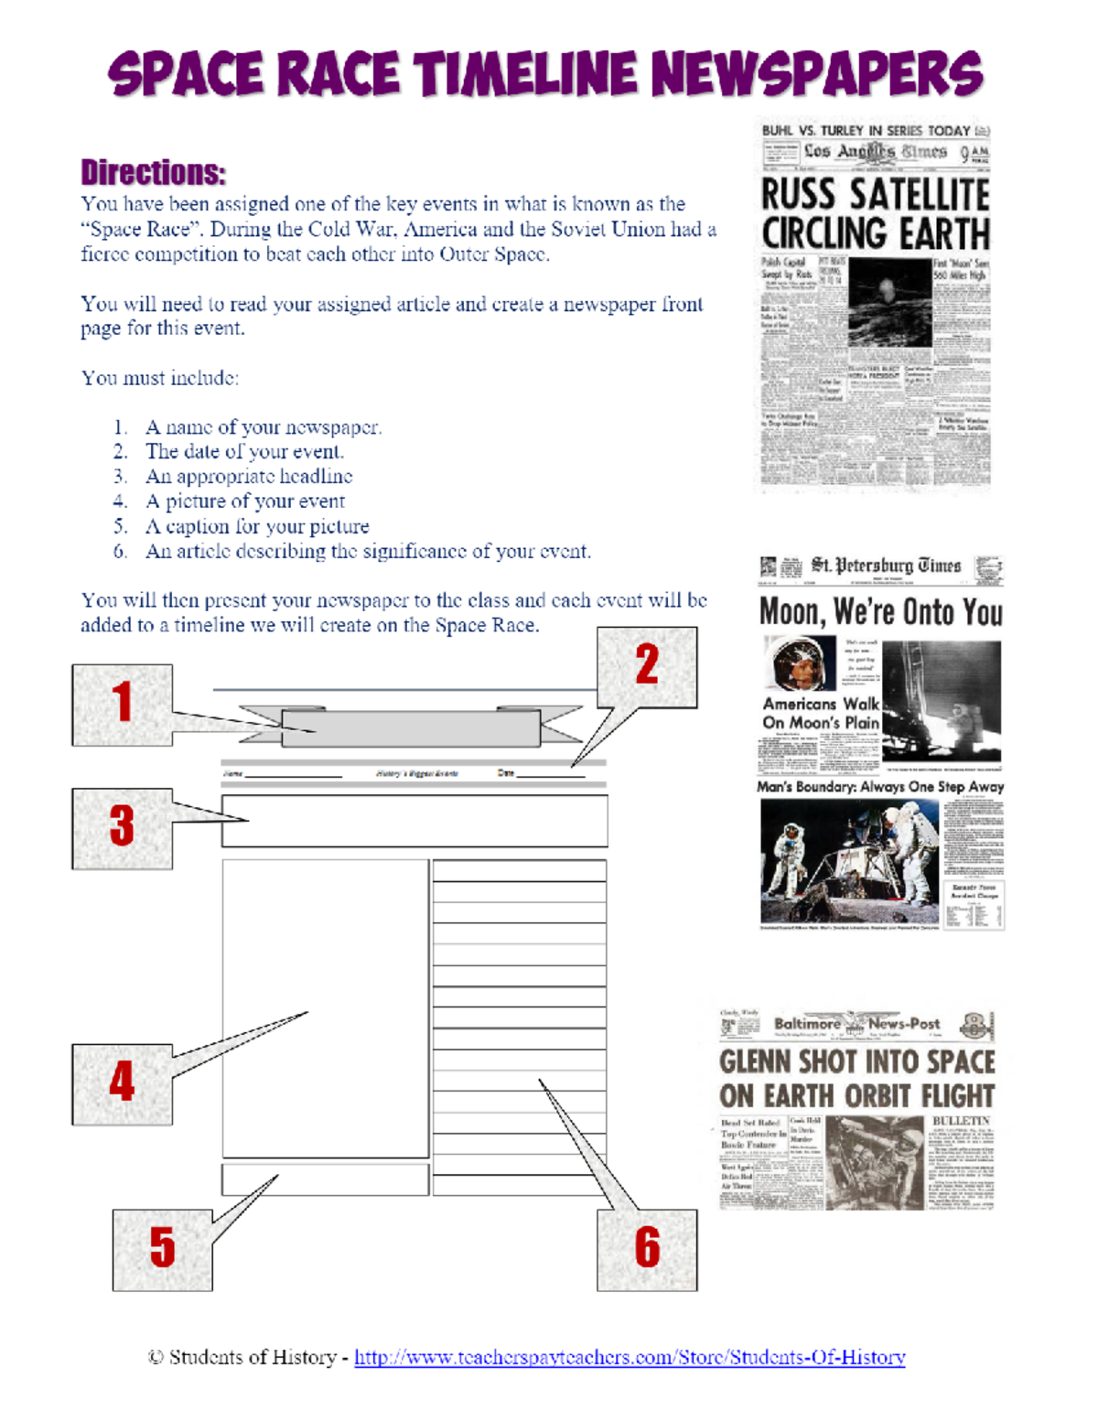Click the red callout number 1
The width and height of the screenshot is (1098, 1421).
coord(122,703)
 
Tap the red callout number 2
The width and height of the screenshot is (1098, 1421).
coord(647,665)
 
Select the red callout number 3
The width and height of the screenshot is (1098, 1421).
coord(122,826)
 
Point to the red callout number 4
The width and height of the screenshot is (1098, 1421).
coord(122,1082)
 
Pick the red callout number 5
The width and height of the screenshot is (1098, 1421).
coord(162,1248)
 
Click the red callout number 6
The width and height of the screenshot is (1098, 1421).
coord(647,1248)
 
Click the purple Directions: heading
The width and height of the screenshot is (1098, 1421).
coord(153,173)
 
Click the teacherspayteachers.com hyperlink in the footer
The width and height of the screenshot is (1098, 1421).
coord(630,1358)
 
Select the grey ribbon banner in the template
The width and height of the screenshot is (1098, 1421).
coord(410,728)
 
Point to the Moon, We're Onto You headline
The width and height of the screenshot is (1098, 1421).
coord(880,612)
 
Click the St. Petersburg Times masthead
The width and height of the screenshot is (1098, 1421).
coord(885,566)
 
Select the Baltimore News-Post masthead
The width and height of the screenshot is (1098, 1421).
coord(856,1024)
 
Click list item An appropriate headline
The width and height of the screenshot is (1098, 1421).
coord(249,477)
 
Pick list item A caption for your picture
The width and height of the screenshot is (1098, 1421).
coord(257,527)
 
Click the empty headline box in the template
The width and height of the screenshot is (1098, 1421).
coord(414,821)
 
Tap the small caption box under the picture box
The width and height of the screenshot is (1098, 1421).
coord(325,1179)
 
